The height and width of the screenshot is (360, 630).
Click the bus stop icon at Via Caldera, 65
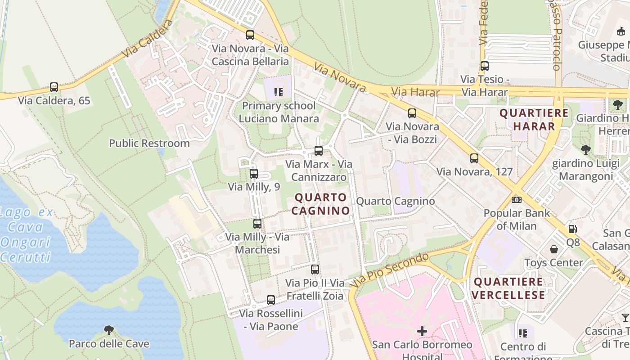pyautogui.click(x=54, y=87)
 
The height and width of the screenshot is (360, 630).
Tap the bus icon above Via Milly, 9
pyautogui.click(x=254, y=173)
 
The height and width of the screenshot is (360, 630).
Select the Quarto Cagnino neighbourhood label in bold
pyautogui.click(x=320, y=204)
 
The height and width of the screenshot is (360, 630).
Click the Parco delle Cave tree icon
pyautogui.click(x=108, y=330)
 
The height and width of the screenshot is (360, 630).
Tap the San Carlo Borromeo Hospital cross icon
pyautogui.click(x=422, y=331)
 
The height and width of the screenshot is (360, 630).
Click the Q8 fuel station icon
pyautogui.click(x=572, y=229)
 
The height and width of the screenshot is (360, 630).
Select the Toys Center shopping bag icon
pyautogui.click(x=554, y=249)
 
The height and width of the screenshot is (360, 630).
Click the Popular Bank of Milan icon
pyautogui.click(x=517, y=199)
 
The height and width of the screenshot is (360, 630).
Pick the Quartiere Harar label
pyautogui.click(x=534, y=120)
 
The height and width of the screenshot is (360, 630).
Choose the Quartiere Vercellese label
pyautogui.click(x=509, y=288)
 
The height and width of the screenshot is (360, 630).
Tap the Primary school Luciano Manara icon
pyautogui.click(x=279, y=92)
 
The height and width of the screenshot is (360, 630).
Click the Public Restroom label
pyautogui.click(x=149, y=143)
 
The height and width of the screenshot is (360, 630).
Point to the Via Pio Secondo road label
pyautogui.click(x=390, y=270)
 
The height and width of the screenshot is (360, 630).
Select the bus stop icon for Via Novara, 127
pyautogui.click(x=474, y=158)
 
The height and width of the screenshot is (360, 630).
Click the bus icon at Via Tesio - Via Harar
pyautogui.click(x=485, y=66)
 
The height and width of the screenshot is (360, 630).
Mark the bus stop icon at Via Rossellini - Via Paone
pyautogui.click(x=271, y=300)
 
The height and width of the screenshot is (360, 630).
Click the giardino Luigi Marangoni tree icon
pyautogui.click(x=585, y=149)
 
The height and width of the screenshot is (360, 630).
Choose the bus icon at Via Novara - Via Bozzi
pyautogui.click(x=412, y=113)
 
